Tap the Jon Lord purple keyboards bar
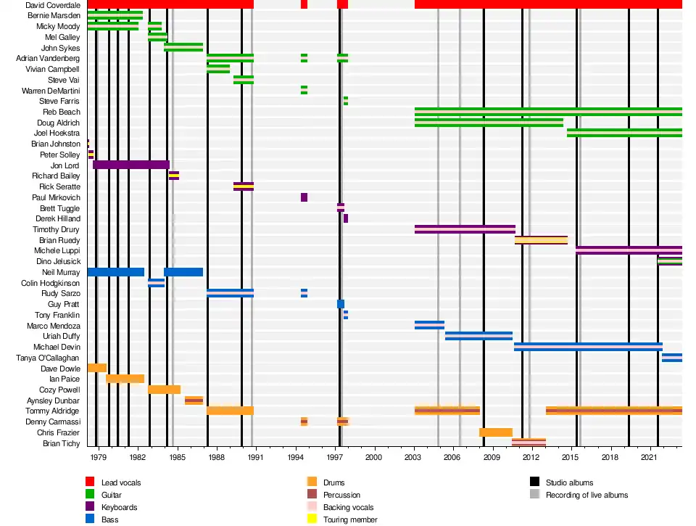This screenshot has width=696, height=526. click(x=130, y=165)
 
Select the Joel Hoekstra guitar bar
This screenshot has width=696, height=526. click(x=623, y=133)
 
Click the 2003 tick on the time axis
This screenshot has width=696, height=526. click(x=413, y=458)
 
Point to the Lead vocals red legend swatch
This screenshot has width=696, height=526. click(x=90, y=482)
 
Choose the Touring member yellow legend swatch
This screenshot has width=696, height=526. click(x=312, y=519)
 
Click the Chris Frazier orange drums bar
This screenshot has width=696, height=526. click(x=495, y=432)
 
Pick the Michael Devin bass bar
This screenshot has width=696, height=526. click(x=587, y=347)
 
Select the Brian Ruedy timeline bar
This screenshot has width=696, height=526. click(x=541, y=240)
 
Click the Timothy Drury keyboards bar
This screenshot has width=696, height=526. click(x=464, y=229)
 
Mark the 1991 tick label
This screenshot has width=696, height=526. click(x=256, y=458)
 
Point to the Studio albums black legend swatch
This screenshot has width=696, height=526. click(x=534, y=482)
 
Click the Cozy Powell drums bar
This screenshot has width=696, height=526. click(x=164, y=390)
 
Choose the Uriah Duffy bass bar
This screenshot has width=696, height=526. click(x=478, y=336)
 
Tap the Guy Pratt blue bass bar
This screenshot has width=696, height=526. click(x=341, y=304)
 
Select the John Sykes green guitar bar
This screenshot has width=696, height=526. click(x=183, y=48)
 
